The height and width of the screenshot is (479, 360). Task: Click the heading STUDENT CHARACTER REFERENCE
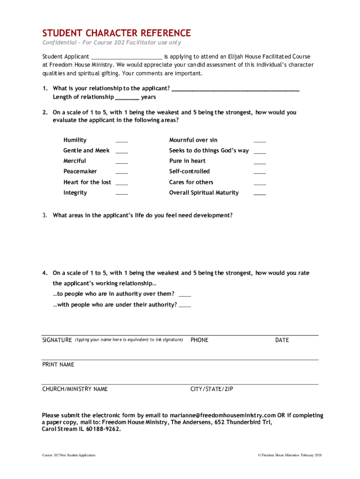(116, 33)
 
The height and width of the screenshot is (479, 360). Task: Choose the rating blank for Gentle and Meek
(122, 152)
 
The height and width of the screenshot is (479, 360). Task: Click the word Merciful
(75, 161)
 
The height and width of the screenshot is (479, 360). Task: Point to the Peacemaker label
(80, 172)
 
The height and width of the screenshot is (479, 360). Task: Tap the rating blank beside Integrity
(122, 194)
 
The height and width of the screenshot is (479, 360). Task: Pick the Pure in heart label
(187, 161)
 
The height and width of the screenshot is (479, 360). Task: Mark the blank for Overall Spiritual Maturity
(259, 194)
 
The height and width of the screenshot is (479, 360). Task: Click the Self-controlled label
(189, 172)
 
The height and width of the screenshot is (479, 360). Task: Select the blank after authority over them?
(185, 295)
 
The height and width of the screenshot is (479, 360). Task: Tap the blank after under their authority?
(185, 306)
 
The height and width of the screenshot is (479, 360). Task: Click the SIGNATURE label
(57, 340)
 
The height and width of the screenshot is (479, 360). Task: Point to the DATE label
(282, 340)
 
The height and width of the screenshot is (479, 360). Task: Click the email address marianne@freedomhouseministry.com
(223, 415)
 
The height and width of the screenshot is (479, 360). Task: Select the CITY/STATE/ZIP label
(212, 389)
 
